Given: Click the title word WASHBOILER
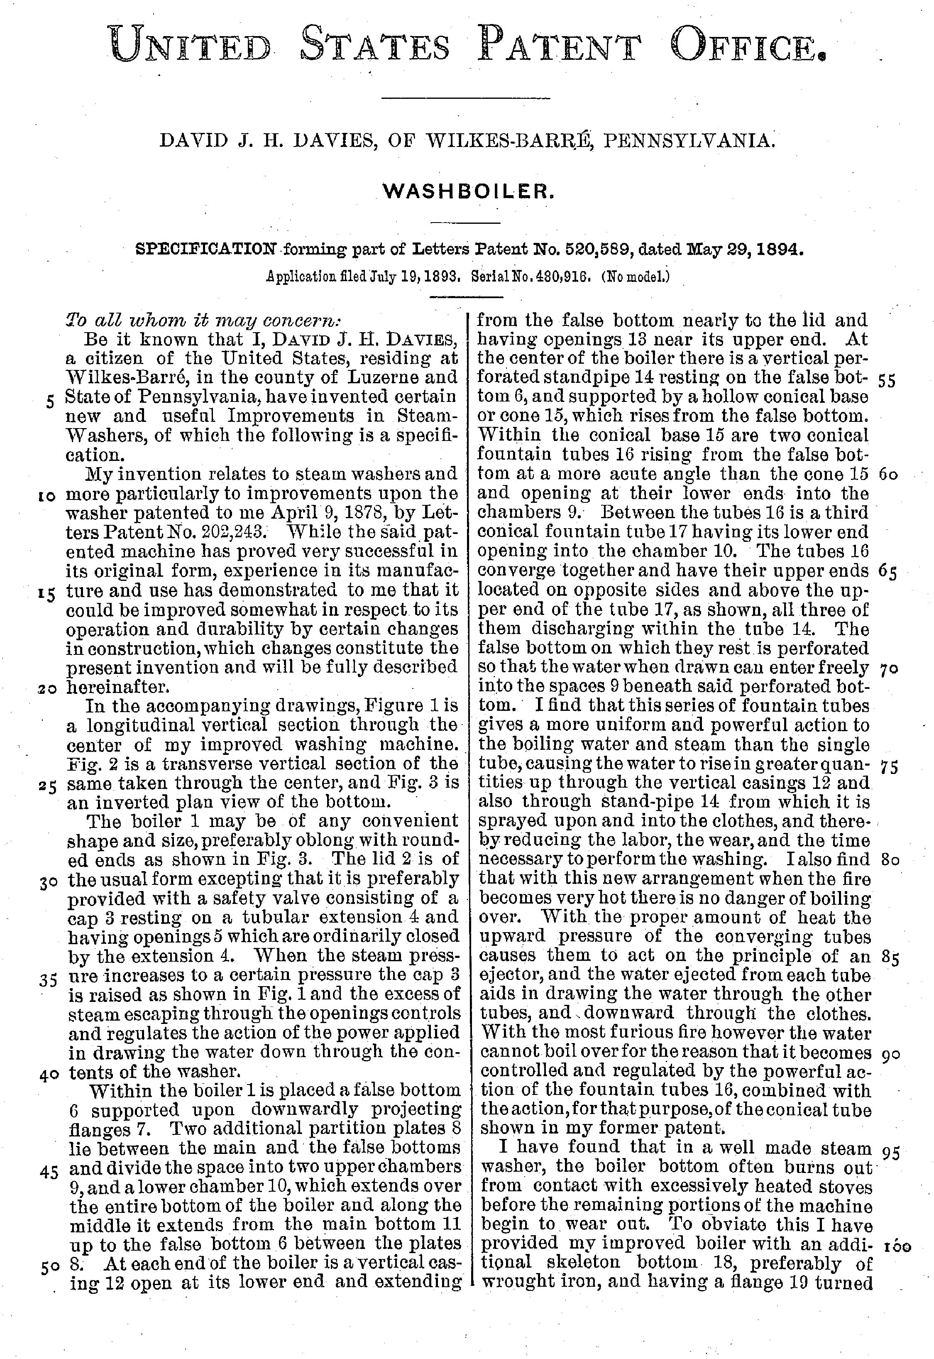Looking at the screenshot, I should (467, 191).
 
